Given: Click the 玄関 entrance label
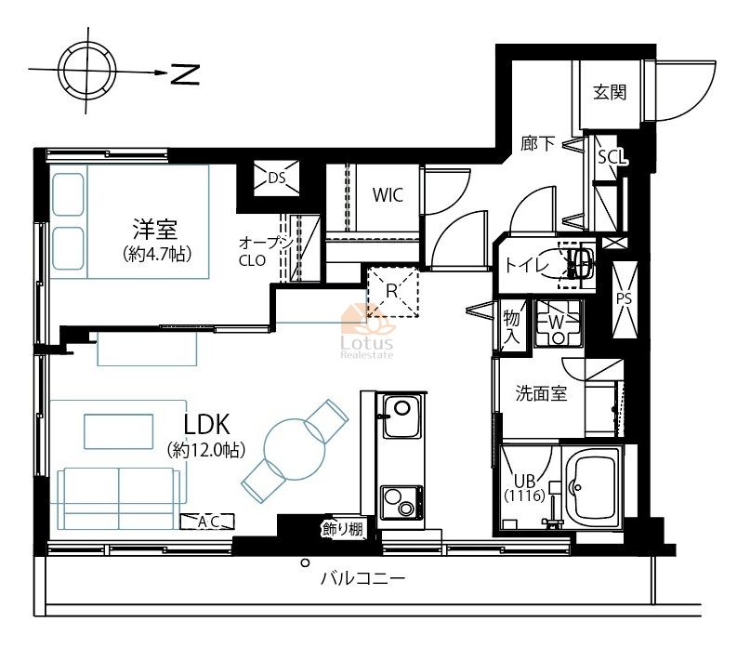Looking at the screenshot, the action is point(610,92).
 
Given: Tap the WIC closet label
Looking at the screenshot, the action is point(388,194).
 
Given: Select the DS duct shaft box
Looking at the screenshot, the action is point(276,178).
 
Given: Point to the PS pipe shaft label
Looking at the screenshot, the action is point(625,298).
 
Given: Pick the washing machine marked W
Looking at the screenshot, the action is point(559,324).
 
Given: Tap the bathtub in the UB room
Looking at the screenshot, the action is point(592,487).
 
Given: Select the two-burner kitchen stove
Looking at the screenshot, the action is point(401,502).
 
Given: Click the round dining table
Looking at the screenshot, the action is point(295,449).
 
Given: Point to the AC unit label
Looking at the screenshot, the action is point(208,522).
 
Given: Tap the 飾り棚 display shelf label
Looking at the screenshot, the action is point(343,529).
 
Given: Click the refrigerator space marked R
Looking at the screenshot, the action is point(392,292).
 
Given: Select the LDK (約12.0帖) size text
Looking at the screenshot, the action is point(206,451).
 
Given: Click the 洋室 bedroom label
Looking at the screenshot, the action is point(155,229).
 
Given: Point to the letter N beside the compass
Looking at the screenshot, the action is point(185,73).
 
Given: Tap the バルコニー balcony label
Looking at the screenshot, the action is point(362,577).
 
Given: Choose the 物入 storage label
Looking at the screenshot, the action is point(511,326).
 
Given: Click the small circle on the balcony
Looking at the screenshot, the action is point(305,562).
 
